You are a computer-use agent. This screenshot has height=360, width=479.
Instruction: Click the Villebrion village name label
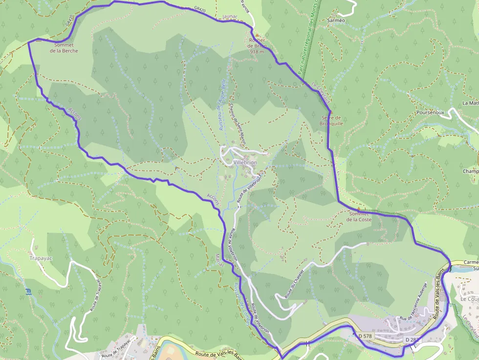pyautogui.click(x=245, y=162)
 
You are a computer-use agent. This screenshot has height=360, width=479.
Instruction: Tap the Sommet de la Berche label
pyautogui.click(x=64, y=48)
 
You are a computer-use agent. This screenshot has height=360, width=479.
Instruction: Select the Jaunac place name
pyautogui.click(x=229, y=16)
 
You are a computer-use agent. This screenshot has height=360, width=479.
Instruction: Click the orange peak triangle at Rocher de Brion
pyautogui.click(x=257, y=35)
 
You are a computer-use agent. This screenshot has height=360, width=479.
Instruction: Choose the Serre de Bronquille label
pyautogui.click(x=331, y=121)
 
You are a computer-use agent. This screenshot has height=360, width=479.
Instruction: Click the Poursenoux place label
pyautogui.click(x=430, y=112)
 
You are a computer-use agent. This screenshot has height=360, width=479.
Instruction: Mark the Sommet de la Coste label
pyautogui.click(x=359, y=216)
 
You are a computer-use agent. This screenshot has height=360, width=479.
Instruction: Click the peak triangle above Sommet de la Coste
pyautogui.click(x=358, y=209)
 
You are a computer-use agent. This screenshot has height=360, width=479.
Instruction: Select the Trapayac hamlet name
pyautogui.click(x=41, y=257)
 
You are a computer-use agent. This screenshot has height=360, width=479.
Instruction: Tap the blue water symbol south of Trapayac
pyautogui.click(x=28, y=292)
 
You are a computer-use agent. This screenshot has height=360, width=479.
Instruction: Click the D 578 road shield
pyautogui.click(x=365, y=336)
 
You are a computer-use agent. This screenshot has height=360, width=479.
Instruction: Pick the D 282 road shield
pyautogui.click(x=413, y=339)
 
